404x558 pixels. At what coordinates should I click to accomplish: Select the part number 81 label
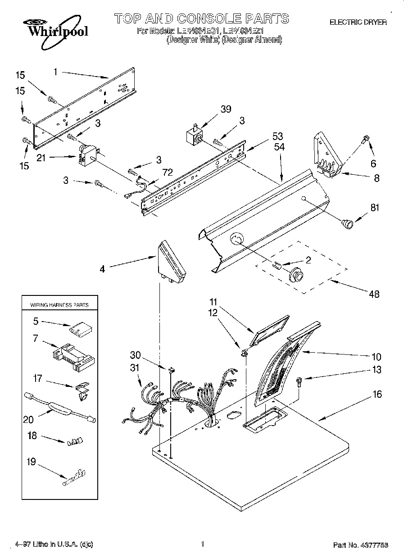click(375, 208)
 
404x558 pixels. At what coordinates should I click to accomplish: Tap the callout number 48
click(374, 294)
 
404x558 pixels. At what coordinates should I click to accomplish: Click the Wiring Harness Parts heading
click(59, 305)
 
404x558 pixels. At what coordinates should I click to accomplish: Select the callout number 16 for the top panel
click(377, 395)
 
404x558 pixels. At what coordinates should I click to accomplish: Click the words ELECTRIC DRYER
click(359, 22)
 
